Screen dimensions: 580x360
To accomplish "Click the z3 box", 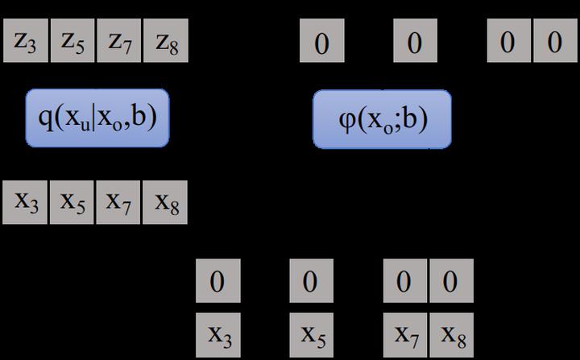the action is (x=26, y=40).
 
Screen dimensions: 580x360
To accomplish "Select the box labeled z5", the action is (x=72, y=40).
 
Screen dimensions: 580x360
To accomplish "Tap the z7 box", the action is (x=119, y=40).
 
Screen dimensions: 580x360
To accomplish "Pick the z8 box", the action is (x=166, y=40).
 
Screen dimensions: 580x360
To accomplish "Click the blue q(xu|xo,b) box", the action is (x=97, y=118).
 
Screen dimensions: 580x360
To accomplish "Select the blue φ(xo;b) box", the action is (x=382, y=119).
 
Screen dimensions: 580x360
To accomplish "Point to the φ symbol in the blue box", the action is (x=347, y=121).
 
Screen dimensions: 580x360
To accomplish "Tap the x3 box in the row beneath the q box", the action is (x=25, y=202).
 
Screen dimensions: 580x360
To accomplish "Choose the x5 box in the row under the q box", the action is (x=72, y=202).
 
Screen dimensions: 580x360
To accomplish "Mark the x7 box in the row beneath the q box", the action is (x=118, y=202).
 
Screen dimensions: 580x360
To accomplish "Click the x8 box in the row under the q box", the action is (x=165, y=202).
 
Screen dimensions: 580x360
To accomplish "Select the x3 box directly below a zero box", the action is (x=218, y=335).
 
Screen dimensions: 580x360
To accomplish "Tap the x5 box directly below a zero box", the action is (x=312, y=335).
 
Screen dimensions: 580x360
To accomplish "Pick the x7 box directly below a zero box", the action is (x=405, y=335).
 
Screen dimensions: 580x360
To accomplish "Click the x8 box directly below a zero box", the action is (x=452, y=335).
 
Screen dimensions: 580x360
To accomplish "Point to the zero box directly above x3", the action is (x=218, y=280).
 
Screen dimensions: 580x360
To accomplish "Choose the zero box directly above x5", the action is (x=312, y=280).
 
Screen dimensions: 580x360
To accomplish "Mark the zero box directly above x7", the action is (x=405, y=280).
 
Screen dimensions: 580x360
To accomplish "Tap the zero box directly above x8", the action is (x=452, y=280).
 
